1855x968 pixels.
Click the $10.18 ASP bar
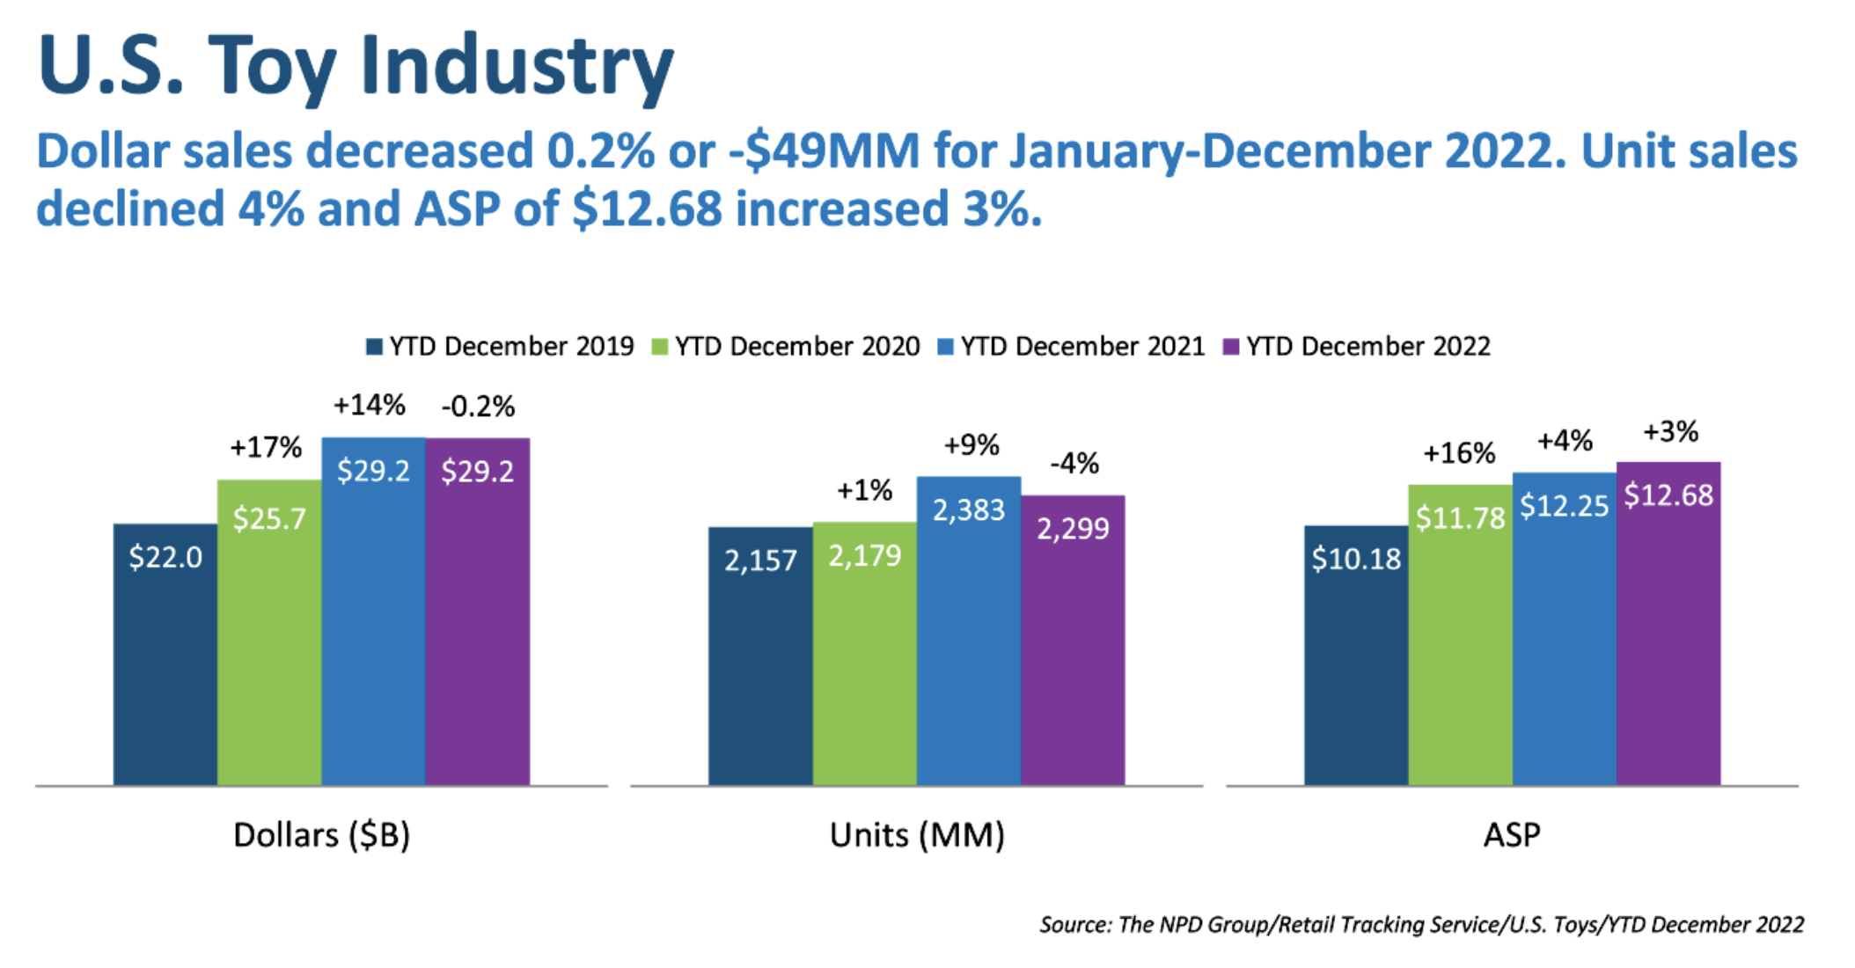[x=1356, y=655]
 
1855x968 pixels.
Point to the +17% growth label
[x=266, y=448]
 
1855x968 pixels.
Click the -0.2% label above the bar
[x=478, y=407]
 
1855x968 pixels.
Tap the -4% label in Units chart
[x=1074, y=464]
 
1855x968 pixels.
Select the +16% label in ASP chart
[x=1459, y=454]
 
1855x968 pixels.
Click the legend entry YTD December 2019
[x=500, y=347]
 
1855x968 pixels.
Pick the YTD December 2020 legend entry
[x=786, y=347]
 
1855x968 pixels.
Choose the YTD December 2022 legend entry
[x=1357, y=347]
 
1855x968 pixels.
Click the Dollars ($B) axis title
[x=321, y=835]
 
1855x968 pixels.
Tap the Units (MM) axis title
[x=917, y=835]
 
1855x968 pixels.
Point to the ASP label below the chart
[x=1512, y=835]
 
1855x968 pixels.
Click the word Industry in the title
[x=517, y=67]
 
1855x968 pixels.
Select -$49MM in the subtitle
[x=824, y=151]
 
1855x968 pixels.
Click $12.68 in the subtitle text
[x=647, y=209]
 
